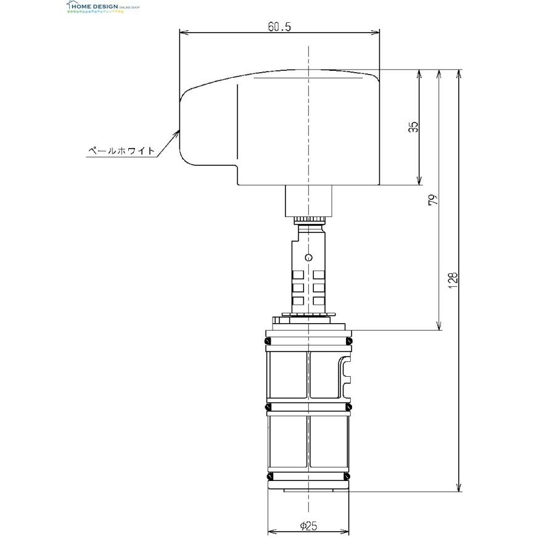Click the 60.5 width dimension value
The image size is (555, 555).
point(279,27)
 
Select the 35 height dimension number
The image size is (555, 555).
point(414,127)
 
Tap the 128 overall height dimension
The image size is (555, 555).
point(453,281)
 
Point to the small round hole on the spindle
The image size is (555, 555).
point(309,257)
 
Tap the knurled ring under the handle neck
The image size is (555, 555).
point(308,220)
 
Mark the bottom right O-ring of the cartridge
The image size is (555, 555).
point(349,477)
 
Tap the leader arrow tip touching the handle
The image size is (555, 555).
point(178,131)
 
